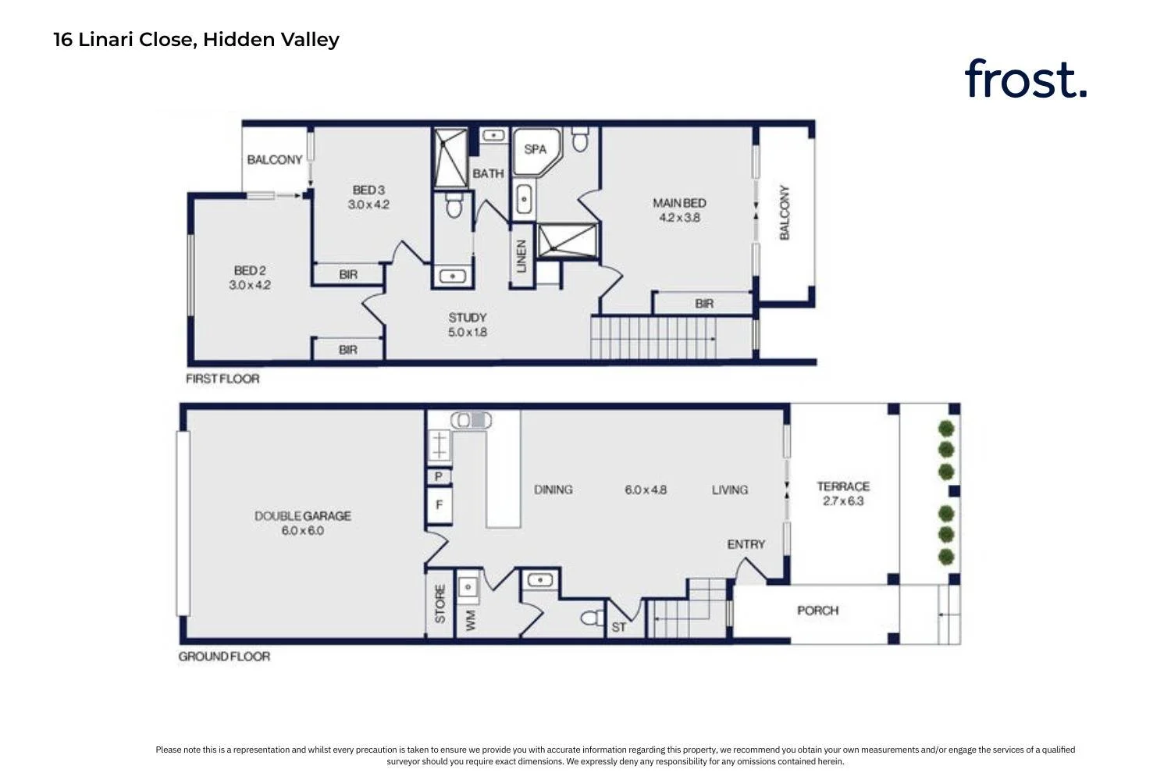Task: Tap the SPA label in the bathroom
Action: tap(535, 149)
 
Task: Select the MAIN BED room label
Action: tap(679, 203)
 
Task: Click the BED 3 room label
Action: tap(368, 190)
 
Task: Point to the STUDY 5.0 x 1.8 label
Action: tap(468, 325)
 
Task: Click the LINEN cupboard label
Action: tap(521, 256)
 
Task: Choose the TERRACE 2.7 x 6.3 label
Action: tap(843, 493)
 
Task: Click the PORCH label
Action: tap(817, 611)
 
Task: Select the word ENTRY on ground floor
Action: tap(746, 544)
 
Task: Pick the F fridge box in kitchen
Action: tap(439, 505)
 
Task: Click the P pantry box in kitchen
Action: tap(439, 476)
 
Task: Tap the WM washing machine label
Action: tap(471, 620)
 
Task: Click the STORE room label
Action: tap(440, 604)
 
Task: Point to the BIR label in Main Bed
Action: tap(704, 303)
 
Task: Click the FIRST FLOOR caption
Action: tap(222, 379)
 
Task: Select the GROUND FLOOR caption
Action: tap(224, 656)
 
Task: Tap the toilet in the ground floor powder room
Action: tap(593, 618)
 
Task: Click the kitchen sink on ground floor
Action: tap(439, 445)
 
